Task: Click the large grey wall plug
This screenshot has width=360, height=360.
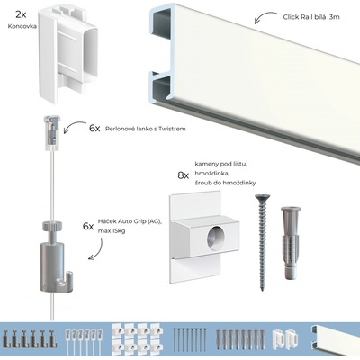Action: tap(290, 238)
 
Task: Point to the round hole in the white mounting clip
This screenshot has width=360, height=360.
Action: tap(218, 237)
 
